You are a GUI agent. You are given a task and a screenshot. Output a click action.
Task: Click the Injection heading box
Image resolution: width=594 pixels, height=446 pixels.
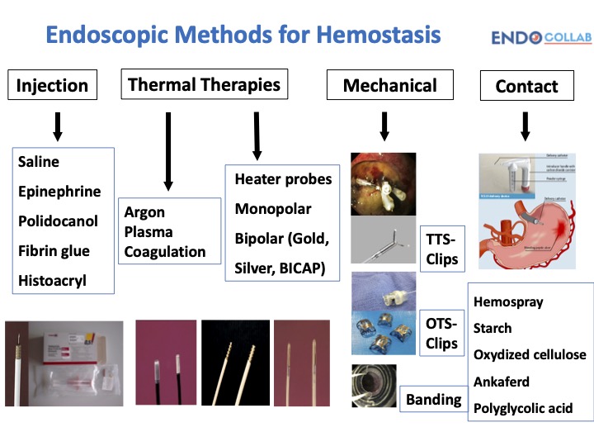(53, 85)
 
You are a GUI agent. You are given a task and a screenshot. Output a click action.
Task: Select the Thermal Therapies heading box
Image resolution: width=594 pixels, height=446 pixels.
(205, 84)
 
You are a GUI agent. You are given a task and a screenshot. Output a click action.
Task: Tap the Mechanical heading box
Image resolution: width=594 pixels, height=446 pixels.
(389, 85)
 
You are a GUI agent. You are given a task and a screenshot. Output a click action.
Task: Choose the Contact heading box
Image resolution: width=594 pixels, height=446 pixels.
(526, 86)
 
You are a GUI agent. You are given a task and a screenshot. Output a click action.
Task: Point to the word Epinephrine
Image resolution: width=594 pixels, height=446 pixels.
(59, 192)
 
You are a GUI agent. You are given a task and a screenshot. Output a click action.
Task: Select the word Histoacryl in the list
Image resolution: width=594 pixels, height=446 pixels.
(53, 281)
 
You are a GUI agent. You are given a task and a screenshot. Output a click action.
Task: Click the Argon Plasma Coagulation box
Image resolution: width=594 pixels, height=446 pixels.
(170, 232)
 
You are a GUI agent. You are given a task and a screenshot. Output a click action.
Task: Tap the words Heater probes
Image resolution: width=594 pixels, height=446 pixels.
(283, 179)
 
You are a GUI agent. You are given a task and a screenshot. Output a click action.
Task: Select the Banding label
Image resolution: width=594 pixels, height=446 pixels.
(433, 400)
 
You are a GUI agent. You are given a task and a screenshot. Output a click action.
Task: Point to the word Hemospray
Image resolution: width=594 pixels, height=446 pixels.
(508, 301)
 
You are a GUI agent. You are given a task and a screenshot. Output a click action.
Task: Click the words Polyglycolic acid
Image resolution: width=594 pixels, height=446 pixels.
(523, 408)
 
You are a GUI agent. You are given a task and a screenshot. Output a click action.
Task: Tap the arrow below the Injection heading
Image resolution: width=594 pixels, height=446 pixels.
(56, 125)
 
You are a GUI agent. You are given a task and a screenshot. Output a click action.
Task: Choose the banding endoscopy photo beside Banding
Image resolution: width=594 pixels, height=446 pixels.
(374, 386)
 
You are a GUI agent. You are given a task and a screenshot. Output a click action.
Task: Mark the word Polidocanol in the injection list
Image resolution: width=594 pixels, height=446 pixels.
(58, 221)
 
